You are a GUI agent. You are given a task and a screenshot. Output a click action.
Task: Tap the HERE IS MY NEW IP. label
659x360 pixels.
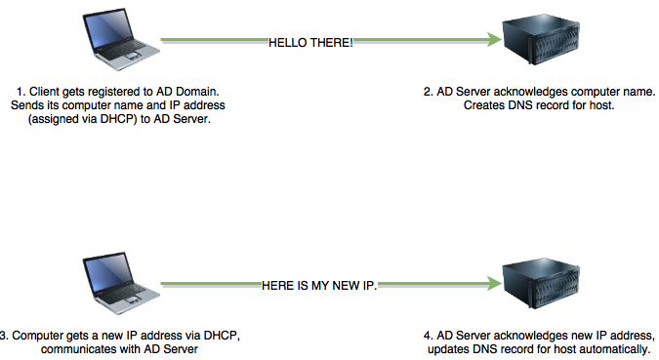[x=319, y=285]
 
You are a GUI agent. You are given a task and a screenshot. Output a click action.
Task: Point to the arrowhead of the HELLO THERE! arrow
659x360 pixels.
[x=489, y=41]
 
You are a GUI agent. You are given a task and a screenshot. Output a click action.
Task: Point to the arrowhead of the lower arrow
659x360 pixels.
[x=489, y=284]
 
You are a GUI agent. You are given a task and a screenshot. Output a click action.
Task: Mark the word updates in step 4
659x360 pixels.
[x=448, y=349]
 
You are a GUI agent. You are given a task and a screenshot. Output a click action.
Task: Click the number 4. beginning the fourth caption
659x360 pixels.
[x=428, y=336]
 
